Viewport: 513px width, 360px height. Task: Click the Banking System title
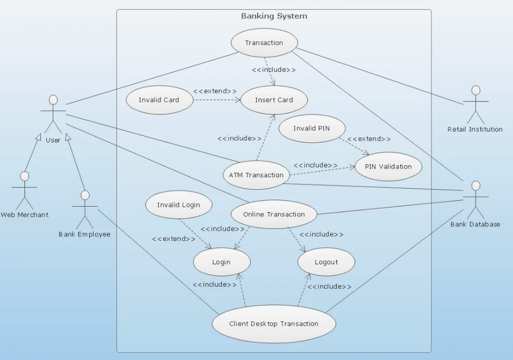click(x=274, y=16)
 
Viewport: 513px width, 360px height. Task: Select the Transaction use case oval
click(x=264, y=43)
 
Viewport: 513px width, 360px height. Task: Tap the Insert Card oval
click(x=274, y=100)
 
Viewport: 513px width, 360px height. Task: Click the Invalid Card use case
click(x=158, y=100)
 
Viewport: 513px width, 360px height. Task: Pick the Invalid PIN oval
click(x=311, y=129)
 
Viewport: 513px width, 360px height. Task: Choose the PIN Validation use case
click(x=388, y=166)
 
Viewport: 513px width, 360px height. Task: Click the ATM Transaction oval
click(x=256, y=175)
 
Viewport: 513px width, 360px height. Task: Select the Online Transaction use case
click(x=274, y=214)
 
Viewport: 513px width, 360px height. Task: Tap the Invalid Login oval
click(x=178, y=205)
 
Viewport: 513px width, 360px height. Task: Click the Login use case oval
click(x=221, y=262)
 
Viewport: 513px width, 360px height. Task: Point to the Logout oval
click(x=326, y=262)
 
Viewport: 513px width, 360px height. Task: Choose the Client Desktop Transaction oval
click(x=274, y=324)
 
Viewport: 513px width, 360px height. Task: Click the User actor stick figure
click(x=53, y=114)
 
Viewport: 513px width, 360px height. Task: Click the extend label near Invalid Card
click(x=215, y=91)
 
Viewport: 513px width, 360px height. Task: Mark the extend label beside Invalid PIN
click(x=369, y=139)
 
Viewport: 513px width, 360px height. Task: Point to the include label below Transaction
click(x=274, y=70)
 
